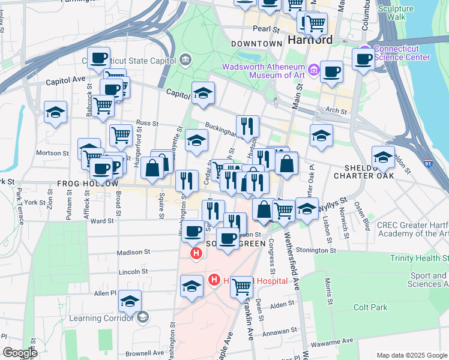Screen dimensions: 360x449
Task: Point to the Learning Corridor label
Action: (x=103, y=317)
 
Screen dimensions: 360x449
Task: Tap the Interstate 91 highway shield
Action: (x=427, y=163)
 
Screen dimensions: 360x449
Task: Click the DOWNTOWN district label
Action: (x=257, y=44)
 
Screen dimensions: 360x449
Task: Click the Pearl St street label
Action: (x=267, y=28)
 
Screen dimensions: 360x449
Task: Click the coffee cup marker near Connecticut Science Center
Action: (x=364, y=59)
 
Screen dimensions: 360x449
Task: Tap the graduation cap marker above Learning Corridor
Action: (x=130, y=302)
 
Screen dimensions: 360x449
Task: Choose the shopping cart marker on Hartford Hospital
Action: (x=241, y=287)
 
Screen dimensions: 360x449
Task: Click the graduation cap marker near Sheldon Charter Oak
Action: (x=383, y=157)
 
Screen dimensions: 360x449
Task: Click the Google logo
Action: (x=20, y=353)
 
